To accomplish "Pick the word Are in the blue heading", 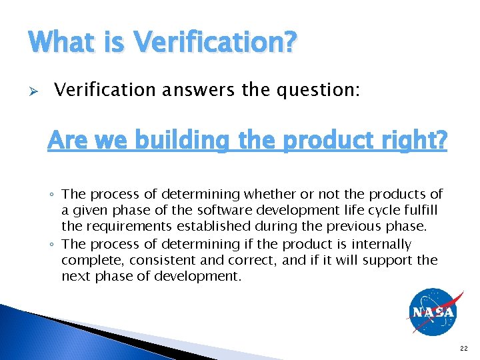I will (x=67, y=141).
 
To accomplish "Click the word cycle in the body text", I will (x=373, y=211).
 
